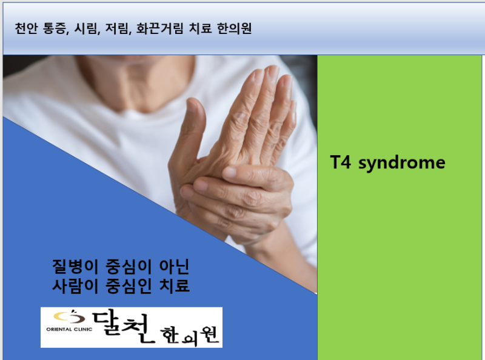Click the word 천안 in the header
(x=25, y=28)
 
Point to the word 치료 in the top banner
(x=200, y=28)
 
